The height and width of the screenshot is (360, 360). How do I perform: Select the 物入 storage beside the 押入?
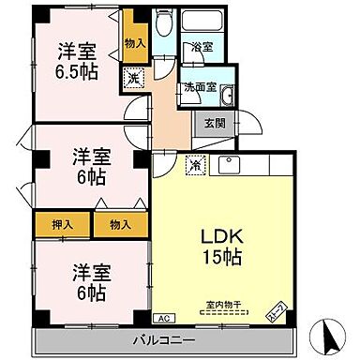point(119,225)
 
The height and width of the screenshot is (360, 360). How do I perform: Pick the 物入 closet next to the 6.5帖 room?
point(134,43)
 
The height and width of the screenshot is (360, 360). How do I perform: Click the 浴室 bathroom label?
point(202,46)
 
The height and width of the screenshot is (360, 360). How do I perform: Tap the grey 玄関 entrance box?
point(210,121)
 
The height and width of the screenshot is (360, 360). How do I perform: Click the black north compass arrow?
point(327,332)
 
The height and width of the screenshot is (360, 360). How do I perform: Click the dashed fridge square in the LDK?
point(193,163)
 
